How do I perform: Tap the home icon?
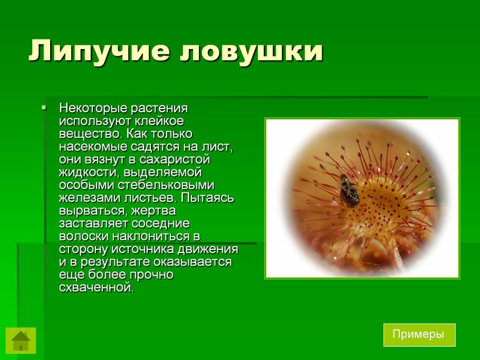point(21,340)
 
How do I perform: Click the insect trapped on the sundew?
point(349,190)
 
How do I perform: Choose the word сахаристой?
point(176,159)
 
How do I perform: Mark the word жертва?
point(154,210)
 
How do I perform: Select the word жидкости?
point(87,172)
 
